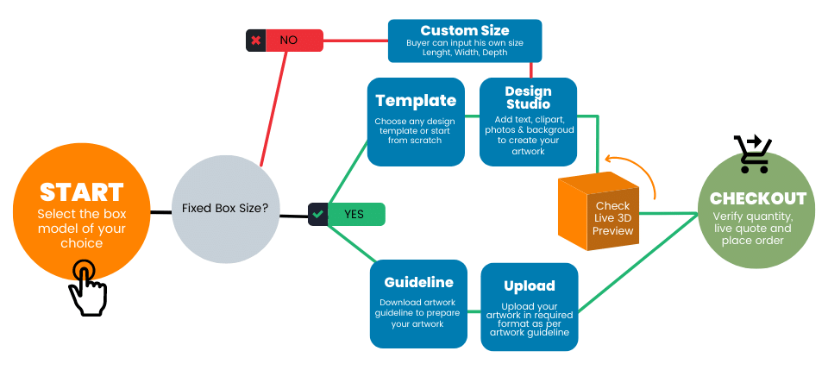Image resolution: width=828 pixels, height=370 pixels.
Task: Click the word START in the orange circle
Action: click(82, 191)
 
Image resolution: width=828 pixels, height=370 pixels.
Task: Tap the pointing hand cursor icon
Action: click(87, 288)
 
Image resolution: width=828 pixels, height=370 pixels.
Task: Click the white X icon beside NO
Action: click(255, 41)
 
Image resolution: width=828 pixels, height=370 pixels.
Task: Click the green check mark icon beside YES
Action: click(318, 214)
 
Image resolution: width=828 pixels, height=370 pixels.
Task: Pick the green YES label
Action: click(354, 214)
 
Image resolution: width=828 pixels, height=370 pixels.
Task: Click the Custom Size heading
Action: click(464, 30)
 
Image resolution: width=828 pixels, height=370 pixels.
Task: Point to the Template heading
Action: click(416, 100)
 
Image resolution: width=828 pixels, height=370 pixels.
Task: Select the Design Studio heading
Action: click(528, 97)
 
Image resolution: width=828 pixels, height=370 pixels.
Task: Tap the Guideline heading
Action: click(418, 282)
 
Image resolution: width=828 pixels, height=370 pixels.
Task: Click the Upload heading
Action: click(529, 285)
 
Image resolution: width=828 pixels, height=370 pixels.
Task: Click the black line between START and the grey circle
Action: click(160, 211)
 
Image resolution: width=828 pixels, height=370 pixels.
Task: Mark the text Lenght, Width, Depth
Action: click(464, 53)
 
